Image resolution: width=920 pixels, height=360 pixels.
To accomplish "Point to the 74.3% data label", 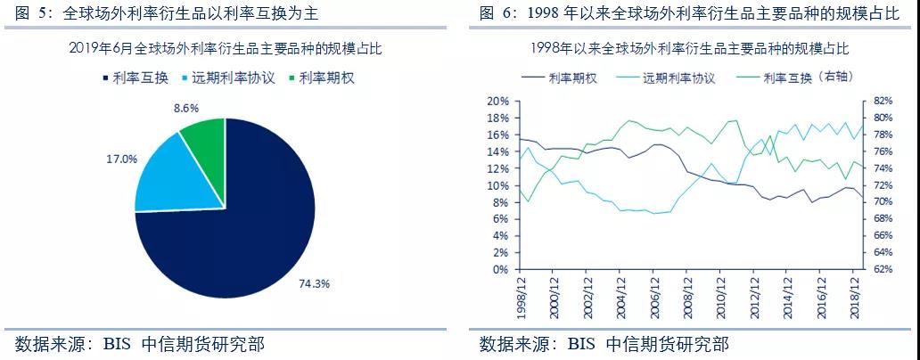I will (314, 283).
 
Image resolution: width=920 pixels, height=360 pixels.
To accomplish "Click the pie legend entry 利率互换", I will (136, 78).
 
